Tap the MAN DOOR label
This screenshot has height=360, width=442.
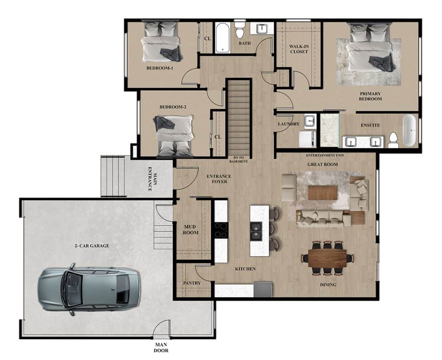tap(161, 347)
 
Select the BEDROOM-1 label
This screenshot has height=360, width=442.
tap(160, 68)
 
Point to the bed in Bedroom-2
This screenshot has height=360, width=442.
tap(174, 135)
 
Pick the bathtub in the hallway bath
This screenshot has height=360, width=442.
tap(223, 38)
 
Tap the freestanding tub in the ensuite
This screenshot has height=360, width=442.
tap(409, 130)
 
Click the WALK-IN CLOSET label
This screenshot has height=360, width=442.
tap(299, 49)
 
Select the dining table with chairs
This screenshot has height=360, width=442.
tap(327, 258)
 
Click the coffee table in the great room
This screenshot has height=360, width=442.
tap(322, 193)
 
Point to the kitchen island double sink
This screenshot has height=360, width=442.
tap(256, 231)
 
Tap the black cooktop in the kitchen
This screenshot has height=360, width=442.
tap(221, 231)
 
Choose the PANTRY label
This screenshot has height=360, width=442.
tap(192, 283)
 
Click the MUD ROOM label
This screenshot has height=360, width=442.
tap(191, 230)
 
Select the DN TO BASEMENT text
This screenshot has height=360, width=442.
tap(238, 160)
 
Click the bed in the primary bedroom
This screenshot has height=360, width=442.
tap(369, 48)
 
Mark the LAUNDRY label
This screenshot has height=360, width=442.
tap(289, 124)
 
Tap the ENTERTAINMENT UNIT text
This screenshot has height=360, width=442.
tap(325, 155)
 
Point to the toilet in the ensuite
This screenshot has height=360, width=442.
tap(393, 140)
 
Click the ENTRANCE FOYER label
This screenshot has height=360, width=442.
tap(219, 179)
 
